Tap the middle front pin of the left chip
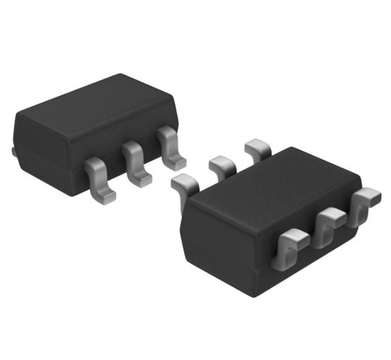click(133, 160)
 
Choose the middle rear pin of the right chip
click(221, 163)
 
